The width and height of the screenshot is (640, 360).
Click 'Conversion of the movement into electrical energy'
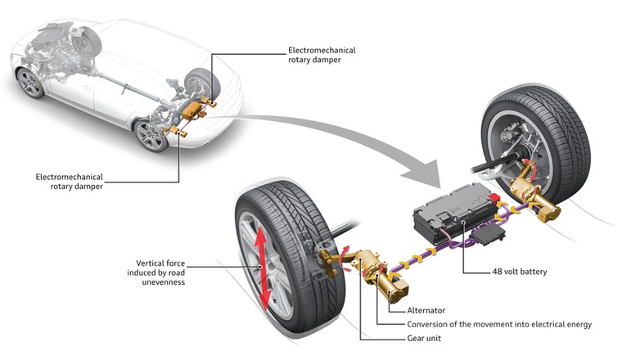(x=498, y=324)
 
